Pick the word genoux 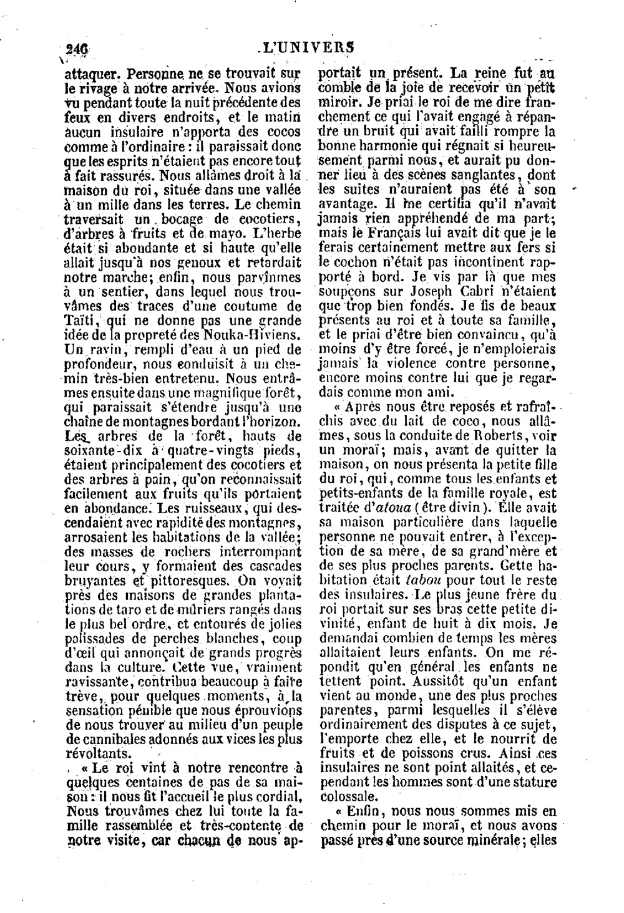point(200,262)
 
